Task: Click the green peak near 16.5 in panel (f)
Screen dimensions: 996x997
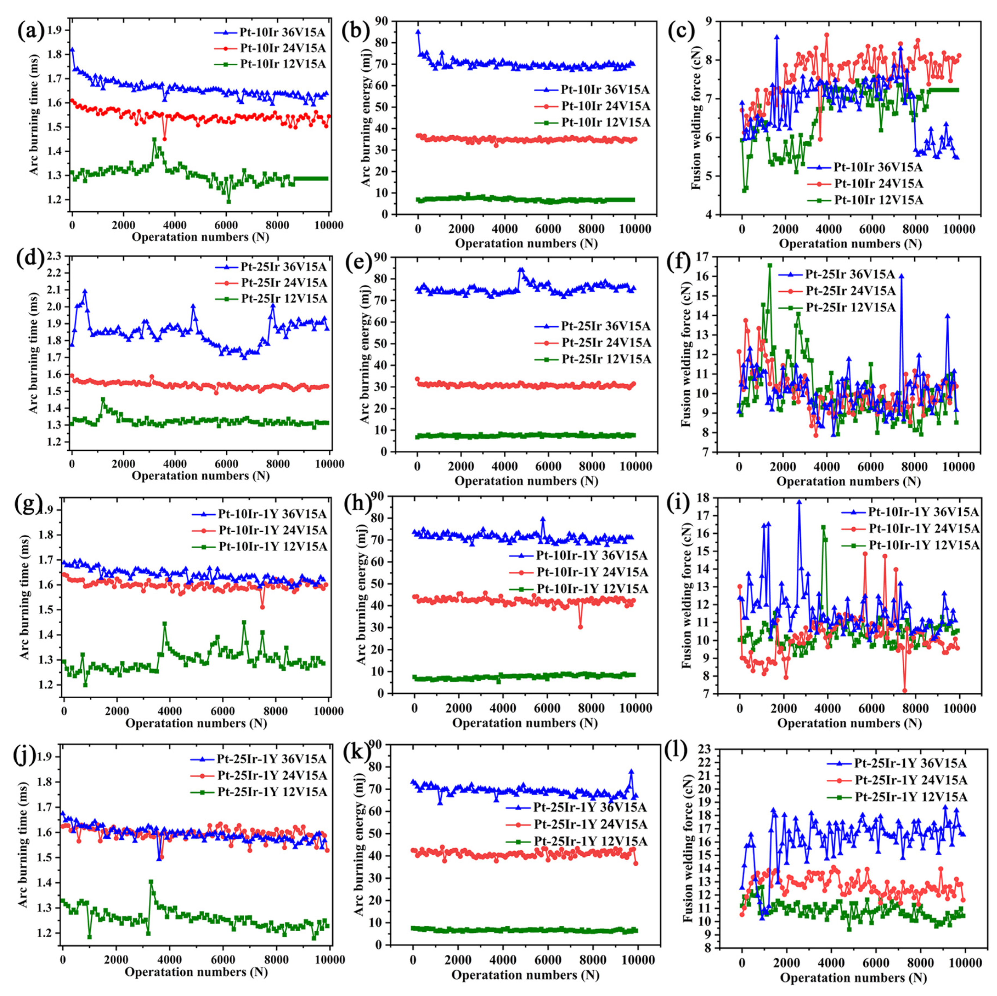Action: (770, 265)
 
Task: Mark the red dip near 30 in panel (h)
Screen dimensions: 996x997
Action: (581, 627)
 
